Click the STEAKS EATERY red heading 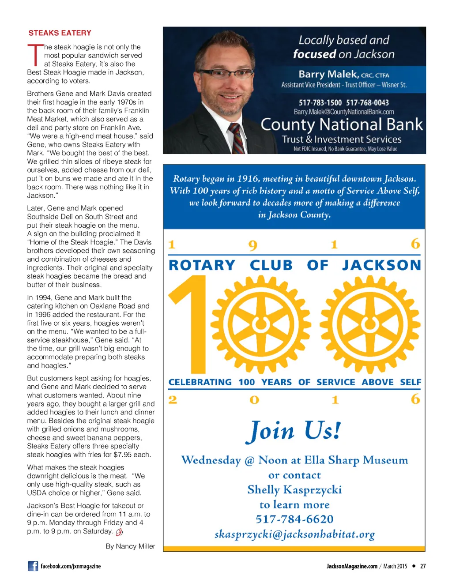coord(60,33)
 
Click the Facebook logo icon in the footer coord(33,566)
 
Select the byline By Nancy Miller coord(130,546)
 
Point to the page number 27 coord(423,566)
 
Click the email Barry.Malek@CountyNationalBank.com coord(344,112)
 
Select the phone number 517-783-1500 coord(320,103)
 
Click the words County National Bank coord(342,125)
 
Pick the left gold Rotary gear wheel coord(260,324)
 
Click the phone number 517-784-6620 coord(294,519)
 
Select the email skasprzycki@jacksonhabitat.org coord(294,534)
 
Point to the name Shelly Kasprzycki coord(294,490)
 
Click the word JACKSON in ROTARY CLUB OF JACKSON coord(381,265)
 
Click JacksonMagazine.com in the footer coord(352,566)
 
